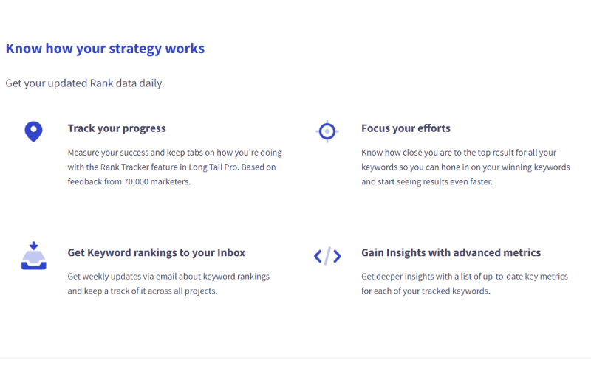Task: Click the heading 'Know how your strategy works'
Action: (105, 49)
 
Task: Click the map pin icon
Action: (33, 131)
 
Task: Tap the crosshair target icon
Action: (327, 131)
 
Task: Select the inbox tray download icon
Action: (33, 255)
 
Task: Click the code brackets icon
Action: (327, 256)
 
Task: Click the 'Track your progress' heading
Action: (117, 128)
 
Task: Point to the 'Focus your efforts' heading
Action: (406, 128)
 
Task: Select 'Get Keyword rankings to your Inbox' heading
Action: (157, 253)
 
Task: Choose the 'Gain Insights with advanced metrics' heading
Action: (451, 252)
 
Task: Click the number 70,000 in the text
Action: (136, 181)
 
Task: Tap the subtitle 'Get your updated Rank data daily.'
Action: (85, 83)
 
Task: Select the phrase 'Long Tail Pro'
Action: (213, 167)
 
